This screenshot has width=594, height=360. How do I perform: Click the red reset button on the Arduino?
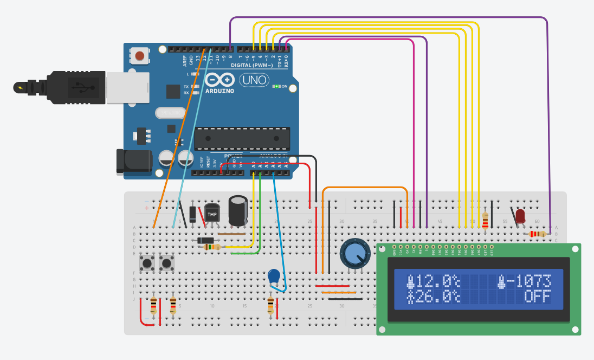point(140,55)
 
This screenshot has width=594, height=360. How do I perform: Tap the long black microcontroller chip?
point(242,138)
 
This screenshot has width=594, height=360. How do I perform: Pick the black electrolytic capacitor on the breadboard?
point(238,210)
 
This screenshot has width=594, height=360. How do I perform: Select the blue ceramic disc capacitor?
point(275,277)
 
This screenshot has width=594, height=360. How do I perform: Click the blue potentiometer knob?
point(354,254)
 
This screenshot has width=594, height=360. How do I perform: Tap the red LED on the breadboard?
point(520,216)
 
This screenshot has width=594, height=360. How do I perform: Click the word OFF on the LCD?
point(537,297)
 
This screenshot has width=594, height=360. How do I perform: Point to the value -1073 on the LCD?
point(530,281)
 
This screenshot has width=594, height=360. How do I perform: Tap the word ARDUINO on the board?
point(219,91)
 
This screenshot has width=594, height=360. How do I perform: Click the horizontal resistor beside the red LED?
point(537,234)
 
